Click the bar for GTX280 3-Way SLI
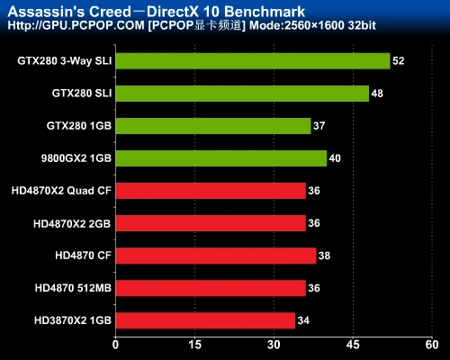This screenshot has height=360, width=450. pos(252,61)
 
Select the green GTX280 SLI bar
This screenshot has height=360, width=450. pos(241,94)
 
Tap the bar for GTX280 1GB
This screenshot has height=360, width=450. pos(212,126)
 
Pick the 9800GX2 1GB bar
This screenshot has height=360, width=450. pos(220,158)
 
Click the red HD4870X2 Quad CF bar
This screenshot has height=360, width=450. pos(210,191)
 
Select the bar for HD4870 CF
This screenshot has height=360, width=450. pos(215,256)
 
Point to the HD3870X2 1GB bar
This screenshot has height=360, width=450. pos(204,319)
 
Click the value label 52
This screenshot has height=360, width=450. pos(399,61)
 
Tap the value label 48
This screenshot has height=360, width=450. pos(377,94)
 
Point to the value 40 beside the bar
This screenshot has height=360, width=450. pos(335,158)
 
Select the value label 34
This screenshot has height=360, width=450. pos(303,319)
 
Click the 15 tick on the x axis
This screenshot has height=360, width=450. pos(194,345)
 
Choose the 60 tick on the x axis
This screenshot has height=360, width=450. pos(433,345)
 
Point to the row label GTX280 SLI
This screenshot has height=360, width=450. pos(82,94)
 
